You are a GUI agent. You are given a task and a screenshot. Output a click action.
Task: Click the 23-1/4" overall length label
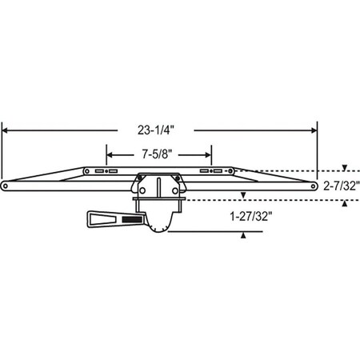(x=160, y=126)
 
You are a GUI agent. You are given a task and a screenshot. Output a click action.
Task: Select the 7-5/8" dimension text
(x=158, y=155)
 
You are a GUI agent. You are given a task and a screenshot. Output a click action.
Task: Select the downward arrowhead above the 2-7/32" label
(x=344, y=168)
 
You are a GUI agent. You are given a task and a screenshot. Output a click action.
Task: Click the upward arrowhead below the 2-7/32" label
(x=344, y=203)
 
